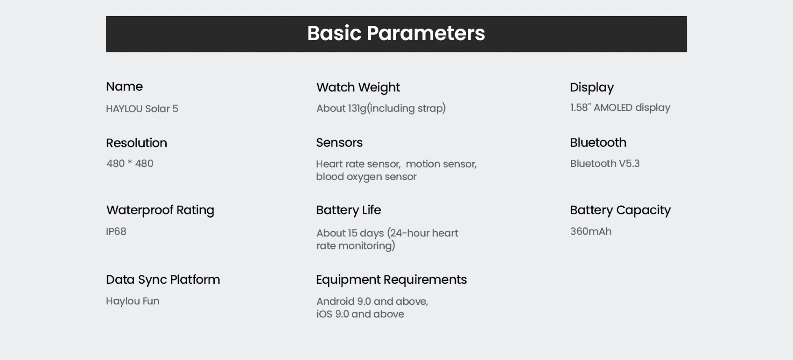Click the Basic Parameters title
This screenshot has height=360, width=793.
(396, 33)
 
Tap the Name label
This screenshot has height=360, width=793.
(124, 86)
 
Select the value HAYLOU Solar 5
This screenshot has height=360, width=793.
(142, 109)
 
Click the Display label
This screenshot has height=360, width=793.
(592, 88)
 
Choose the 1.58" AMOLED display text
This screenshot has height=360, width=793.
(620, 108)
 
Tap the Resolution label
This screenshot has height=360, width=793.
(137, 143)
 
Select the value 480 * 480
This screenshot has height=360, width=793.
(130, 163)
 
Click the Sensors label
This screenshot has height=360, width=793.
(339, 143)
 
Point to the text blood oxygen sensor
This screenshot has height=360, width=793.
(366, 177)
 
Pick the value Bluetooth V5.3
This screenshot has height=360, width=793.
(605, 163)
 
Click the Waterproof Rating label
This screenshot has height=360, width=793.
(160, 210)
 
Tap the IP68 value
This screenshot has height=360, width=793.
(116, 231)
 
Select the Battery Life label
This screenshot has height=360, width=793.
(348, 210)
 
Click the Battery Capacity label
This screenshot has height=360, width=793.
(620, 210)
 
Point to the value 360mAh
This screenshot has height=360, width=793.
(591, 231)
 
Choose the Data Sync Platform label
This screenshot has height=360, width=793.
(163, 280)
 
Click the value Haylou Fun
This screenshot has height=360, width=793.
(133, 301)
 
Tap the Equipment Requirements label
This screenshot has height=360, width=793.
(391, 280)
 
